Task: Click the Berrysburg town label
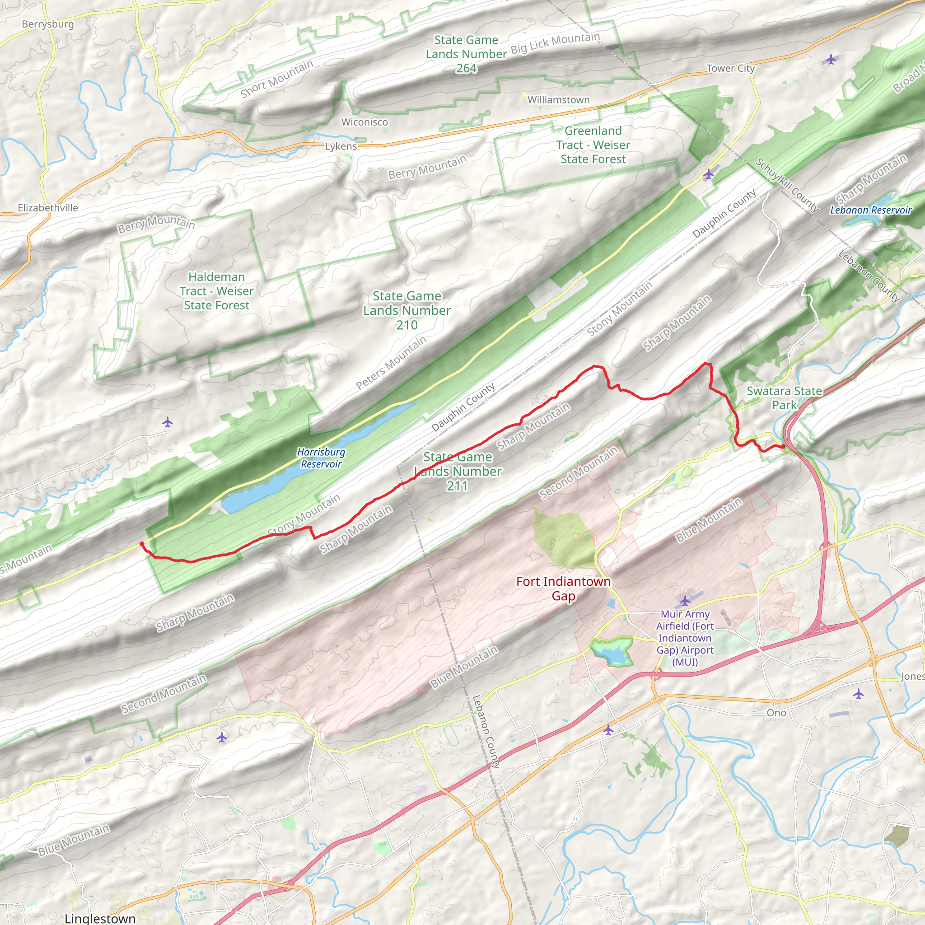pos(48,24)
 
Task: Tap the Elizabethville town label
pos(48,208)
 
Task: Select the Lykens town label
pos(341,146)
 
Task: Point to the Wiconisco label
pos(364,122)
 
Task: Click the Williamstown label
pos(558,99)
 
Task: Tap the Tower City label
pos(731,69)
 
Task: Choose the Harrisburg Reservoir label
pos(321,458)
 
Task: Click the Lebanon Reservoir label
pos(871,210)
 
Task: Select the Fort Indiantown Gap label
pos(564,589)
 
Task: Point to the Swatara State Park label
pos(784,398)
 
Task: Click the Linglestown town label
pos(99,918)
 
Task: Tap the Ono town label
pos(776,713)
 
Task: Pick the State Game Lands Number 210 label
pos(406,310)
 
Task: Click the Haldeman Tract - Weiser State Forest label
pos(216,291)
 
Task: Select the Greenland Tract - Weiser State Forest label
pos(593,145)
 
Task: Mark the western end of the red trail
pos(141,543)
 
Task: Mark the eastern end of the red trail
pos(783,446)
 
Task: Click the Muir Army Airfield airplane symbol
pos(685,600)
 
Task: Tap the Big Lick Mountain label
pos(555,43)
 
